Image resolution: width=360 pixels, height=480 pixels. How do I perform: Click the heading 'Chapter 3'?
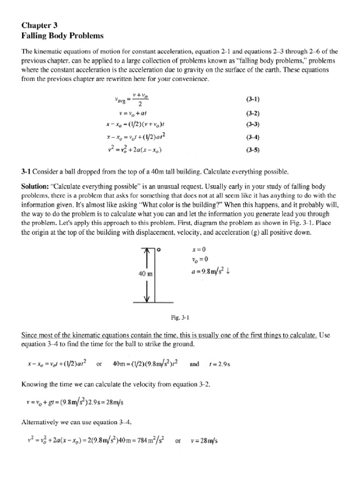click(x=41, y=26)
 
